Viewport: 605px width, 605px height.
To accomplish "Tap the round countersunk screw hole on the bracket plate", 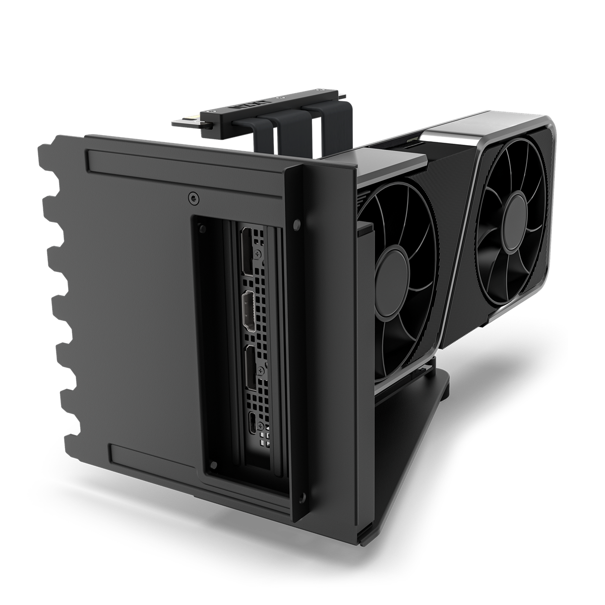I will (x=192, y=198).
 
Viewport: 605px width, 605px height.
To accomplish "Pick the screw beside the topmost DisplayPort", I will (x=258, y=253).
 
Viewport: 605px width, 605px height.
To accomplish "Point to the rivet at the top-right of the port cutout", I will (x=295, y=222).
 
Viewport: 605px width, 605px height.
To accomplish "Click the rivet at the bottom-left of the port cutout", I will (x=214, y=463).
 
